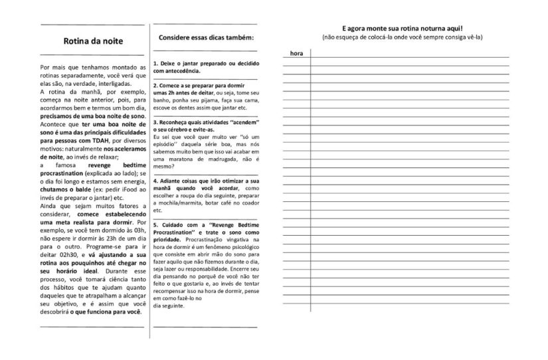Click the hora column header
[x=297, y=52]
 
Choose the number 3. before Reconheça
[x=155, y=123]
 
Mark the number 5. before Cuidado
[x=155, y=225]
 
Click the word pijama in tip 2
[x=207, y=100]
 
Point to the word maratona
[x=177, y=159]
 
